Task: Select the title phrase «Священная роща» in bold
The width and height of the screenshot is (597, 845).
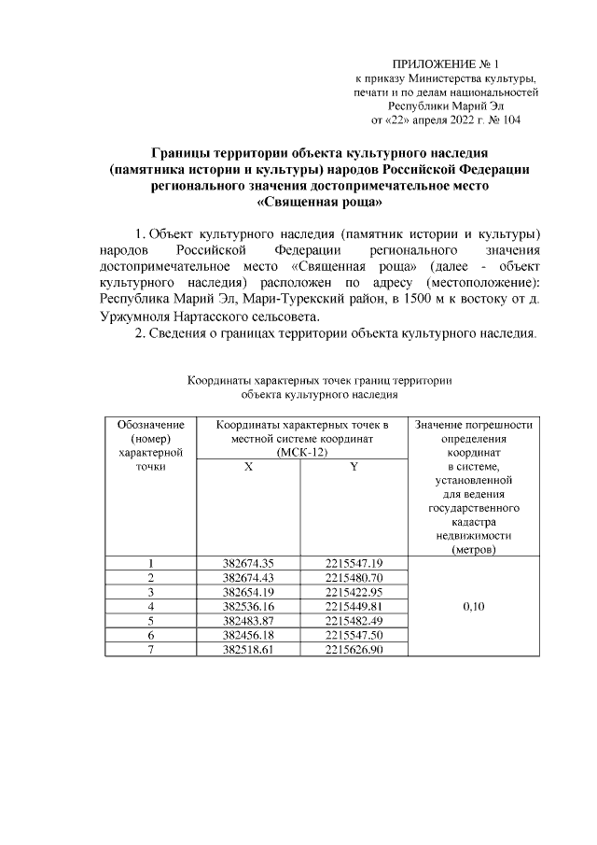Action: (x=320, y=200)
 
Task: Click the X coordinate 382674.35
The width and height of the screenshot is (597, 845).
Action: (x=248, y=562)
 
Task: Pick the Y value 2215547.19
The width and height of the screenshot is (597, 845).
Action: (x=354, y=562)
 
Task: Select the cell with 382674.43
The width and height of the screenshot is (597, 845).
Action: (x=248, y=577)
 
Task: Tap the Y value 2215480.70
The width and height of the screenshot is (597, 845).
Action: (x=354, y=577)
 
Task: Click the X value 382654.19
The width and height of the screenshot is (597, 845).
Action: (x=248, y=591)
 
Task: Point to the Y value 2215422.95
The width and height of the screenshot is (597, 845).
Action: (x=354, y=591)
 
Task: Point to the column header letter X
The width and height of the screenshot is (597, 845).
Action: (x=248, y=467)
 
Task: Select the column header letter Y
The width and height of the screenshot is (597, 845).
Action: (x=354, y=467)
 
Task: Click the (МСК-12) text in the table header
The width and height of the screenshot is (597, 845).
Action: (x=301, y=452)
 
